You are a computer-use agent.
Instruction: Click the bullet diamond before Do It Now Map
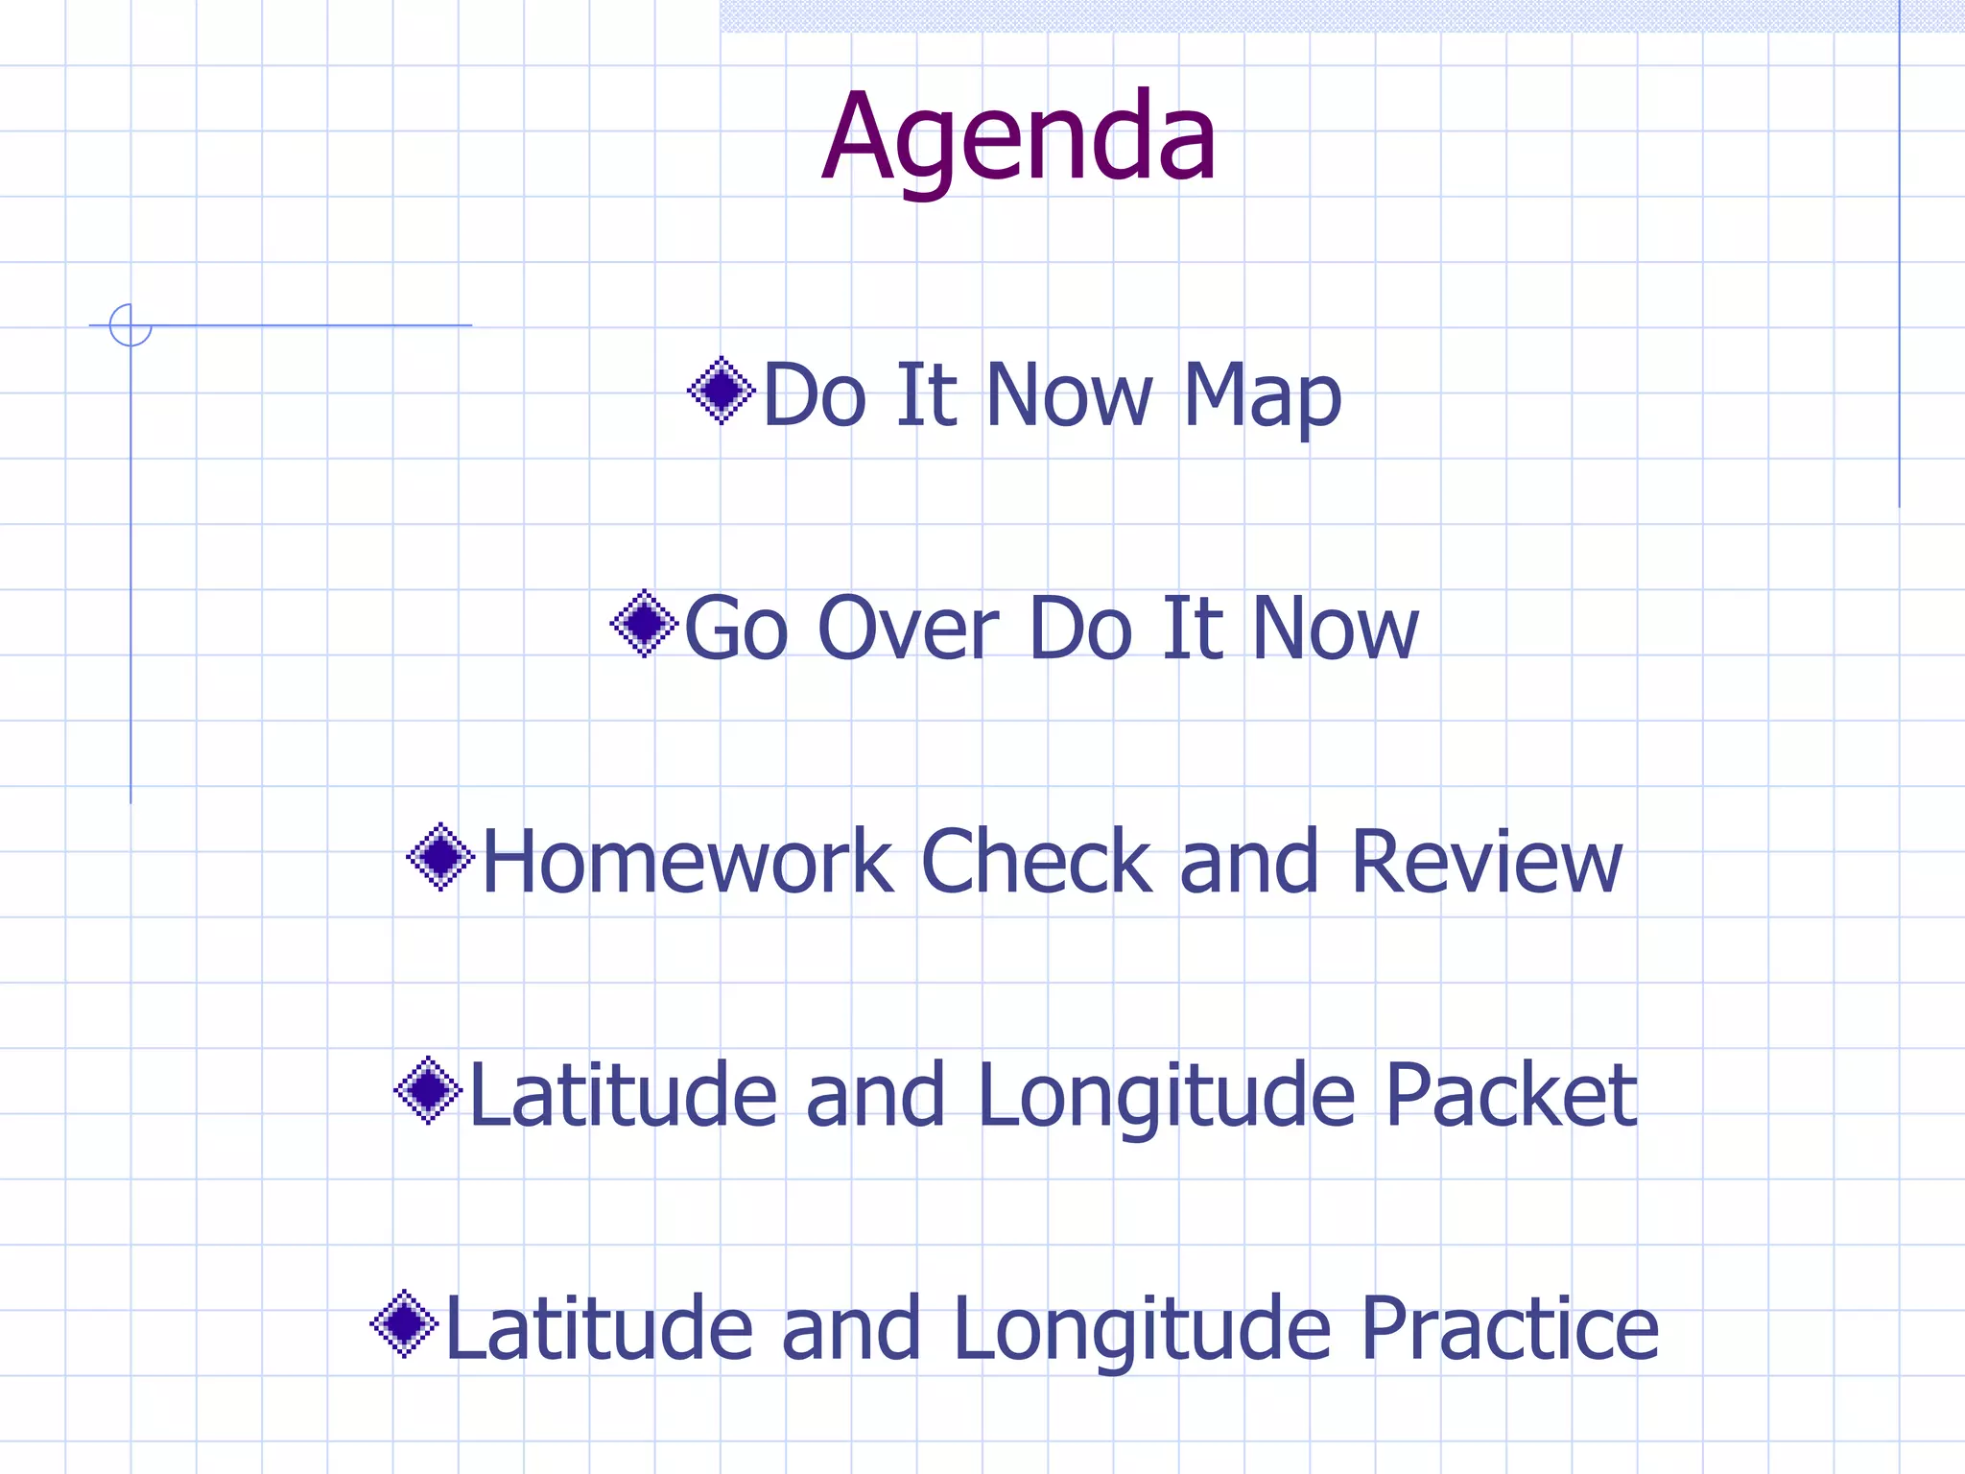[722, 391]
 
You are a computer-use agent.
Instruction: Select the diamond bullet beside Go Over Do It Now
[644, 624]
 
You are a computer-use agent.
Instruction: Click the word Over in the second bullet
[908, 629]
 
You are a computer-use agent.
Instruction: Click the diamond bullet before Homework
[440, 857]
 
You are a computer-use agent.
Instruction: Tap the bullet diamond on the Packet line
[428, 1090]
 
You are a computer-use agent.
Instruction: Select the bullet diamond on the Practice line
[404, 1323]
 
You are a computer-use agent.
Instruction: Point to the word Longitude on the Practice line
[1142, 1330]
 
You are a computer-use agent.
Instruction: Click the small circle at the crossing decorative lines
[130, 324]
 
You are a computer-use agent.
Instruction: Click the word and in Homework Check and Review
[1248, 862]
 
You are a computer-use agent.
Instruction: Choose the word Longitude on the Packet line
[1167, 1097]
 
